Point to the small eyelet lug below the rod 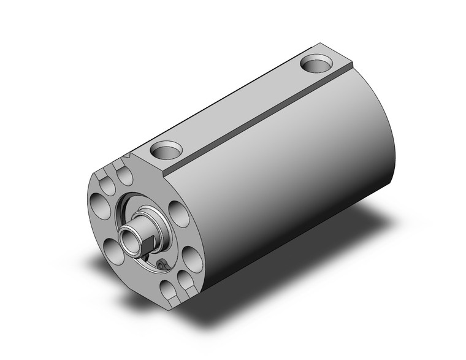(162, 264)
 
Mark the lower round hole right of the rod (191, 261)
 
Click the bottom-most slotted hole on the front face (167, 288)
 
